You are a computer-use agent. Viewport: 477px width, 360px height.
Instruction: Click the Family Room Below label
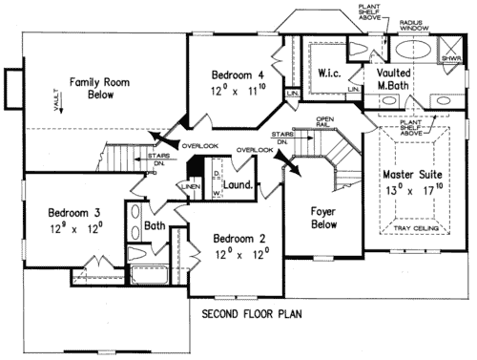91,89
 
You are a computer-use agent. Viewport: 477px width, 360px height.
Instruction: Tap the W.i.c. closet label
329,73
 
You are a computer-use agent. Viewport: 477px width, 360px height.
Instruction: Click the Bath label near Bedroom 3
155,226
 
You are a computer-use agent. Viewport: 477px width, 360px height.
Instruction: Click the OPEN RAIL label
327,120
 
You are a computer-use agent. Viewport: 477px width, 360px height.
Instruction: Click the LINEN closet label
190,186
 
